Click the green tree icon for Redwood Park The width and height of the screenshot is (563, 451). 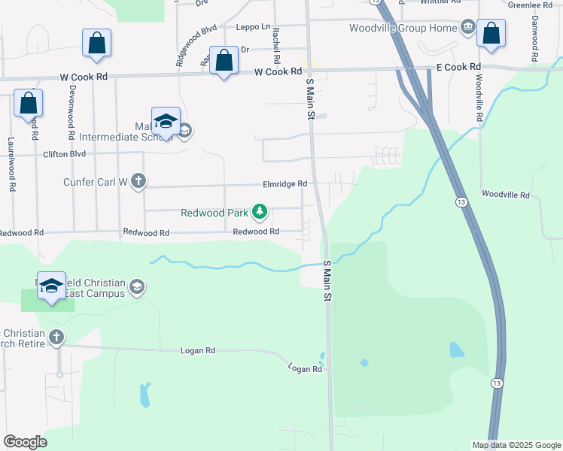coord(260,213)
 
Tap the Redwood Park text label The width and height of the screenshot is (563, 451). coord(215,213)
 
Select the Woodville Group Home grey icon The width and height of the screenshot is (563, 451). coord(468,29)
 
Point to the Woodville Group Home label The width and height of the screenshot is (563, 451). coord(403,29)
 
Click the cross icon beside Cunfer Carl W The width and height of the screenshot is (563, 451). coord(138,180)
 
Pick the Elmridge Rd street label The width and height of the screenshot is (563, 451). coord(285,183)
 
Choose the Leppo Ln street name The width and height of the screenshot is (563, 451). coord(252,26)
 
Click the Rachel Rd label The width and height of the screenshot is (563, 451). coord(277,45)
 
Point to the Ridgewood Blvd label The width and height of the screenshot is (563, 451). coord(196,46)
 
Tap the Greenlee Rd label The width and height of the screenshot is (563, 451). coord(530,5)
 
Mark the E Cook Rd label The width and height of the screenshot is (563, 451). coord(458,67)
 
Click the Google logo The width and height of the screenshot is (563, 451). coord(25,442)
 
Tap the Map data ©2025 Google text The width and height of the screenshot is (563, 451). coord(516,445)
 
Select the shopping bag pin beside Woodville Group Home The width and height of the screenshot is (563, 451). coord(491,34)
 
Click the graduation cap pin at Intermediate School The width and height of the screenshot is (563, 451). coord(166,121)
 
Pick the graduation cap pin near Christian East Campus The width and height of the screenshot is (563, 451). coord(51,286)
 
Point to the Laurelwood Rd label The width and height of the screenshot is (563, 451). coord(11,163)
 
